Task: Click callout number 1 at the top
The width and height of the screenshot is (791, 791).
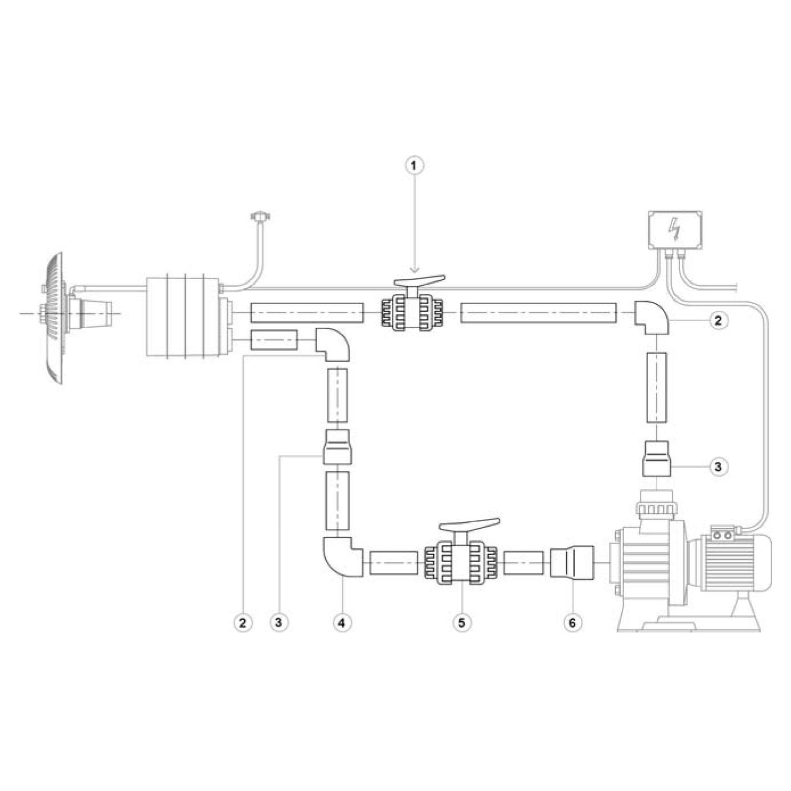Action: [x=414, y=165]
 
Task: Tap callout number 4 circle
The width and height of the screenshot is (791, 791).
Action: [x=342, y=622]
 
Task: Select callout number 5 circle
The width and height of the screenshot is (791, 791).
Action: [x=462, y=622]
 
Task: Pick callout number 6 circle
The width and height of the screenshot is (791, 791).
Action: [x=572, y=622]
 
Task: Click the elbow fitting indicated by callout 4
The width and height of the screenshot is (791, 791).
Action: [x=342, y=557]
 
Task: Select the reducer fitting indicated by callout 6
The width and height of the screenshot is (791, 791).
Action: [x=572, y=563]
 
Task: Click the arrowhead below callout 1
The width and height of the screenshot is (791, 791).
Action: [x=415, y=270]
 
